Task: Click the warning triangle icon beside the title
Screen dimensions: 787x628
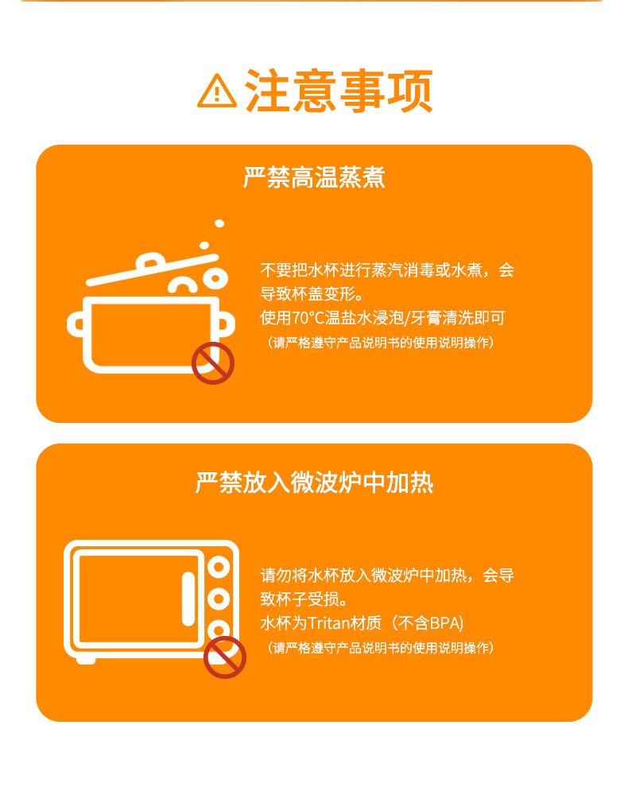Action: click(217, 91)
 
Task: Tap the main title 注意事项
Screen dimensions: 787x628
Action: click(339, 91)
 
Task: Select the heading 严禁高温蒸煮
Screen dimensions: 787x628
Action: click(314, 177)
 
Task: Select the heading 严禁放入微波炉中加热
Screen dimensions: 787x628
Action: click(314, 483)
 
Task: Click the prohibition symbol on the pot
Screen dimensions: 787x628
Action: click(213, 363)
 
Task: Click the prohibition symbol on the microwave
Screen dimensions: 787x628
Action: click(225, 657)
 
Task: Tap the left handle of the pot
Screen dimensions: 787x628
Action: click(78, 324)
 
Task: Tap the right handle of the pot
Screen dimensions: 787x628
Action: click(225, 324)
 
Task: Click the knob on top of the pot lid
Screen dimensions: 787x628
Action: click(151, 260)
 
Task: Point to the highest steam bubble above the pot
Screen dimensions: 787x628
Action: click(219, 223)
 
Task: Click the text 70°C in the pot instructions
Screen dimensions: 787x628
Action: click(306, 318)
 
